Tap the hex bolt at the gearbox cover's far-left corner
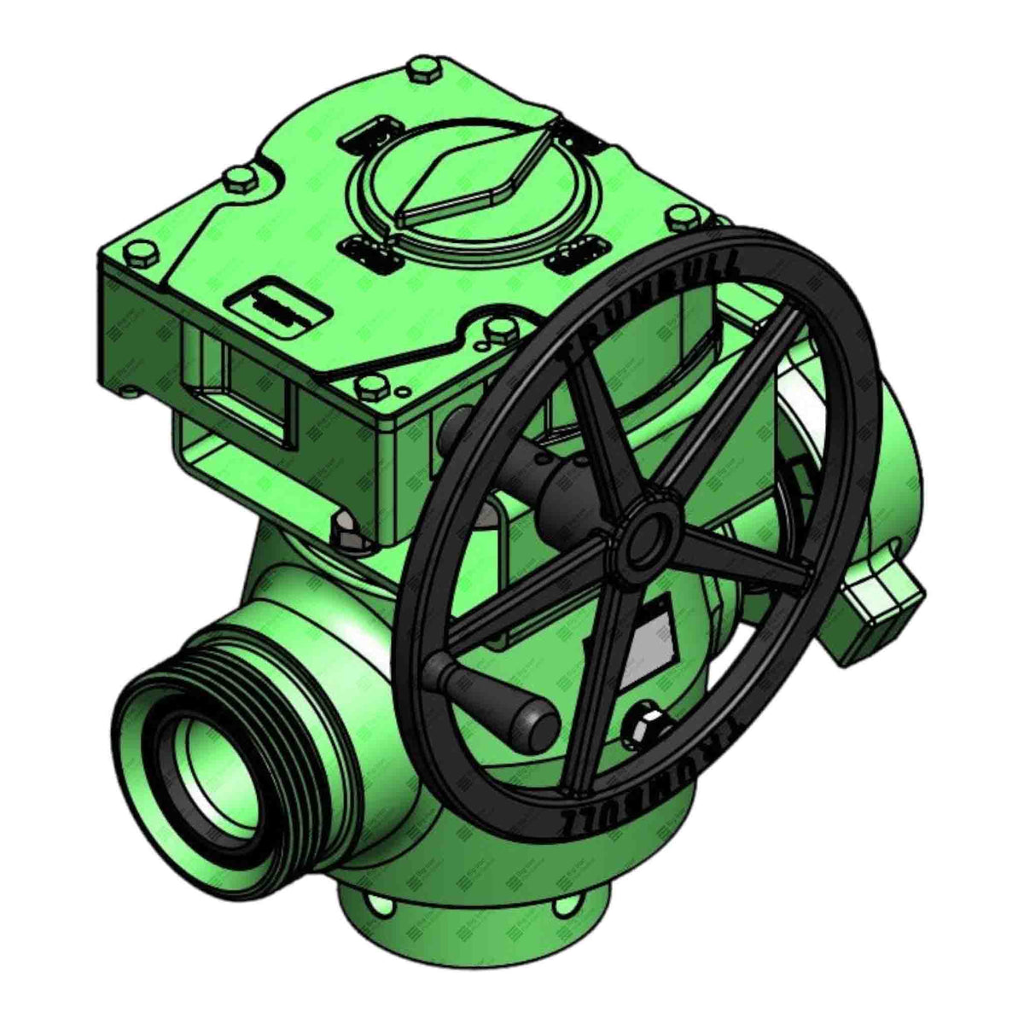(x=138, y=253)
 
